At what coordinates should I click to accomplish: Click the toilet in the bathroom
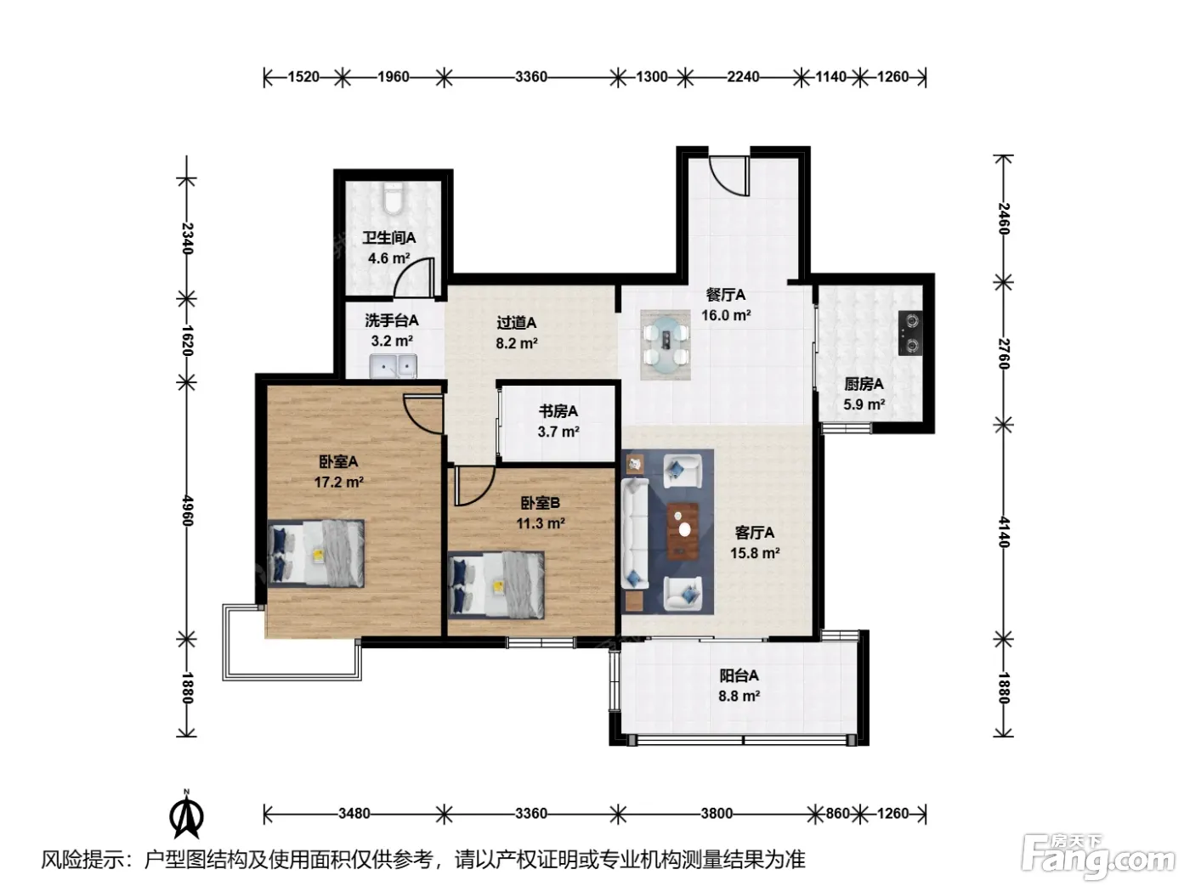[392, 198]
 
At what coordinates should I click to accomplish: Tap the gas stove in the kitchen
[910, 333]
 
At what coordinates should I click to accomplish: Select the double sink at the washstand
[393, 366]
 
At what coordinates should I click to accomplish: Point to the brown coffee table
[683, 531]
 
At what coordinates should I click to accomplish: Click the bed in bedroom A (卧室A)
[316, 553]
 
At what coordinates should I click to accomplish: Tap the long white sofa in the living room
[635, 534]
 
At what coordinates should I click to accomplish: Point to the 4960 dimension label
[188, 511]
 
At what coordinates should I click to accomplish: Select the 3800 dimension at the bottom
[717, 813]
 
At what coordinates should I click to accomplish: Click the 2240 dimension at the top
[743, 77]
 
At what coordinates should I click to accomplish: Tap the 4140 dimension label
[1004, 533]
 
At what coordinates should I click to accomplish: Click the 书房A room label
[558, 412]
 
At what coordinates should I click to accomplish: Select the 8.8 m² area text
[739, 696]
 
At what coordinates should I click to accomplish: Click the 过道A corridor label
[517, 324]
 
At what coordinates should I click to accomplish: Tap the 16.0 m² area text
[726, 315]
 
